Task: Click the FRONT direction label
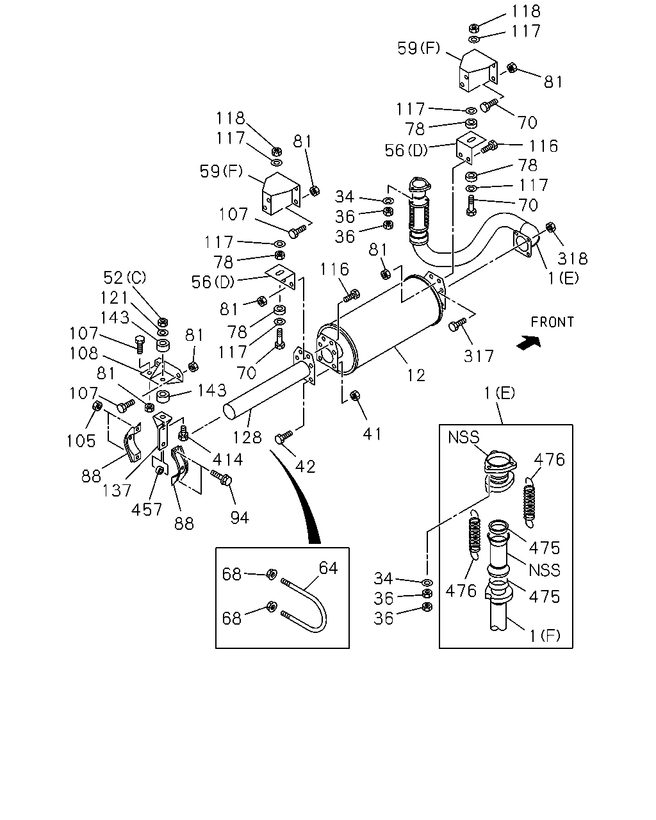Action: click(552, 322)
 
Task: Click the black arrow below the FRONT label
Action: click(529, 342)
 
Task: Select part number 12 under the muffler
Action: click(416, 375)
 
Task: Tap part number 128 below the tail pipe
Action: click(247, 438)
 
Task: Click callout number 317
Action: click(479, 356)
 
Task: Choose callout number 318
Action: click(573, 259)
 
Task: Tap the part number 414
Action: click(227, 460)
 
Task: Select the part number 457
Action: click(147, 510)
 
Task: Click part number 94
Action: click(240, 518)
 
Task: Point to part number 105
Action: click(81, 441)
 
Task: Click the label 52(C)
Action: click(125, 278)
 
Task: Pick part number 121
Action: click(115, 298)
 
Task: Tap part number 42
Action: click(306, 467)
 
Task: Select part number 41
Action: click(372, 434)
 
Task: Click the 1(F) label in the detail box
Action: click(545, 635)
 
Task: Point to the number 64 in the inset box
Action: click(328, 568)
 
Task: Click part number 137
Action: click(117, 491)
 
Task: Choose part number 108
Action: click(84, 354)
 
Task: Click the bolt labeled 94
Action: click(221, 477)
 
